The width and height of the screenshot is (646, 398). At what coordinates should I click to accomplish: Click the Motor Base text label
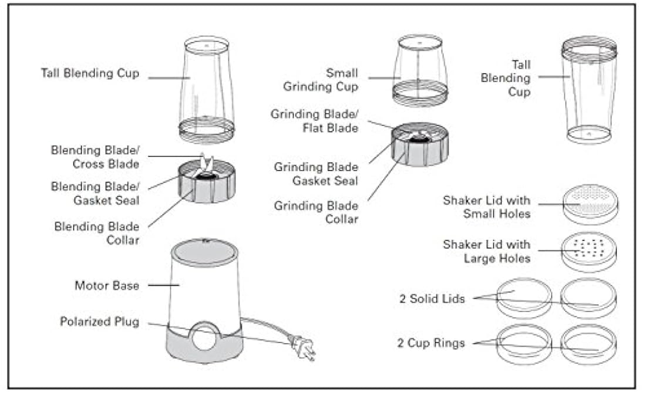point(106,286)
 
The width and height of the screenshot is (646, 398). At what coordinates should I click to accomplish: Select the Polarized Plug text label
point(99,322)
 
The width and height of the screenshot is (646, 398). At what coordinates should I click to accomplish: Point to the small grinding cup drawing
point(420,70)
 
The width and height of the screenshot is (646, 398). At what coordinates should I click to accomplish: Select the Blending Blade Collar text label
point(97,233)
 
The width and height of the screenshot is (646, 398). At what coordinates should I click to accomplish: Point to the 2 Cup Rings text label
point(431,343)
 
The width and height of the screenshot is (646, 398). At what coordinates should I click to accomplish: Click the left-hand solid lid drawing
point(524,297)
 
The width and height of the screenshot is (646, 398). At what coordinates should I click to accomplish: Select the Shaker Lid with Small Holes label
point(486,207)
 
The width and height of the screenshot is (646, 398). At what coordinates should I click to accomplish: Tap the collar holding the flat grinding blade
point(420,150)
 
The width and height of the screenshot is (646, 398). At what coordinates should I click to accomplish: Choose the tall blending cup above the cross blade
point(206,88)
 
